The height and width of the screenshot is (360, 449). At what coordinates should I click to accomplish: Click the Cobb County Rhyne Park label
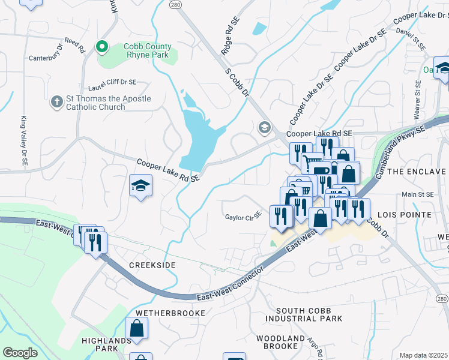[147, 51]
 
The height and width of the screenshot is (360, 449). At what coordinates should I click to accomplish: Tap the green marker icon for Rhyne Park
[102, 46]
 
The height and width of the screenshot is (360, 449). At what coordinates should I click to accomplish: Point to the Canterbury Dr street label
[47, 59]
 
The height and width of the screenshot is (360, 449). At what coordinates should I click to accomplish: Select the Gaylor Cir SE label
[244, 217]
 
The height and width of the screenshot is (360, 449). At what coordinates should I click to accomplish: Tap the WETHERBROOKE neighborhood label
[170, 313]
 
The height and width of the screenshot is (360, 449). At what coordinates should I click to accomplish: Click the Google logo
[20, 352]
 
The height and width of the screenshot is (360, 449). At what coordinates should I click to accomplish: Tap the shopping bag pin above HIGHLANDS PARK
[137, 328]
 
